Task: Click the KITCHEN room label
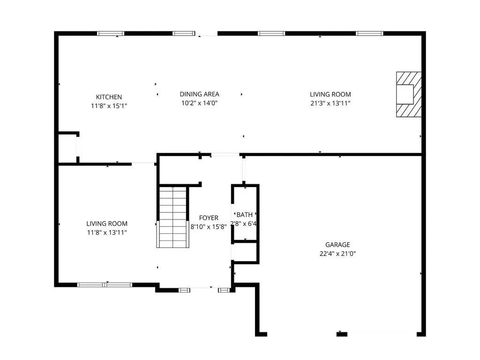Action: (109, 97)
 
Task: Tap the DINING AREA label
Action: (199, 94)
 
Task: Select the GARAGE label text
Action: (337, 245)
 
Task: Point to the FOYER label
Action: (209, 218)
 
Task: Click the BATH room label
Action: (245, 215)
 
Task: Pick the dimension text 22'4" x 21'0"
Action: (337, 254)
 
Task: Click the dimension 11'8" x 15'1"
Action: (109, 106)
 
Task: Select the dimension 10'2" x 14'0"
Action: (199, 103)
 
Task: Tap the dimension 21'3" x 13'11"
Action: (330, 104)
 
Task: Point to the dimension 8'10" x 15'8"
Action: (209, 227)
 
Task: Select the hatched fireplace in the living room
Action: (409, 94)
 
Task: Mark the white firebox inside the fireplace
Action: (405, 95)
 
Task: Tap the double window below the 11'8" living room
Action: (105, 285)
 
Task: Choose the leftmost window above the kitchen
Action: (111, 33)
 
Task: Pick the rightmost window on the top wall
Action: (369, 33)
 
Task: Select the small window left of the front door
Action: (184, 290)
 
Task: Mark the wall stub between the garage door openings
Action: (342, 334)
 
